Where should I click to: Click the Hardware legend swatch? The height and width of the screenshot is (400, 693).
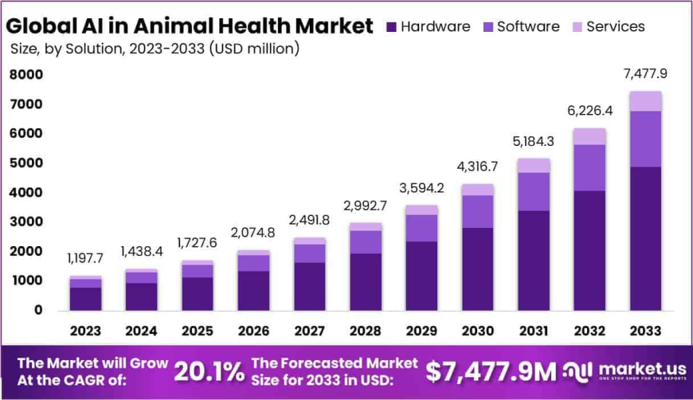(x=390, y=27)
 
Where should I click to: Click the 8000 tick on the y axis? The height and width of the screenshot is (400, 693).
(x=27, y=75)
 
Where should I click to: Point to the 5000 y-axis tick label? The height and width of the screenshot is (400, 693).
(x=27, y=163)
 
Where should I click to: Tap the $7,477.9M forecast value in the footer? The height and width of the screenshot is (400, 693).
(x=490, y=371)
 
